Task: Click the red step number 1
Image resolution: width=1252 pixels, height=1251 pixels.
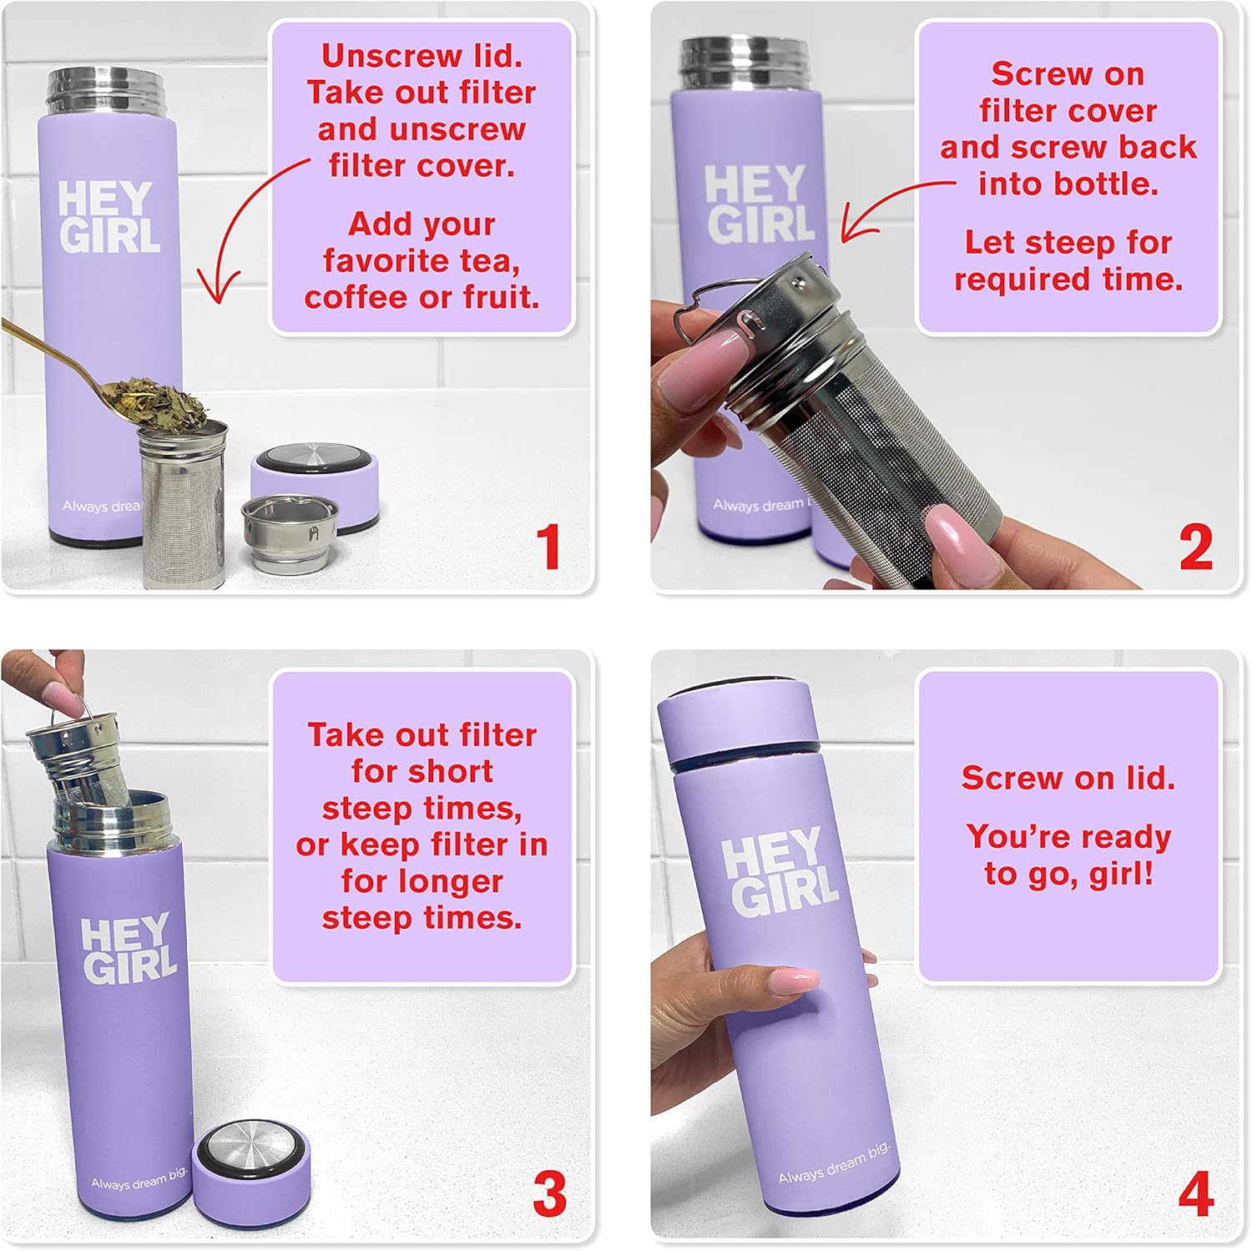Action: [x=548, y=547]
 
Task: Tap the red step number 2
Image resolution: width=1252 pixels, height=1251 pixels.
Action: [x=1195, y=547]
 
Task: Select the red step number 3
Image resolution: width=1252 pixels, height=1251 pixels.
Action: [x=549, y=1194]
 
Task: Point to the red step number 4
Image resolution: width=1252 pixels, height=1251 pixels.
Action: [x=1195, y=1194]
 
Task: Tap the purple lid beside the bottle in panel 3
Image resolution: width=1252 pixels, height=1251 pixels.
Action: [x=250, y=1173]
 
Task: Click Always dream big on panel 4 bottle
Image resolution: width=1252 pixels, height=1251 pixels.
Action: [x=834, y=1163]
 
